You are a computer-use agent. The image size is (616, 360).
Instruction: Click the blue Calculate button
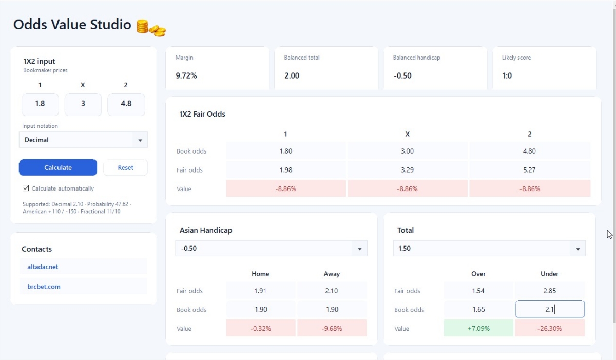[x=57, y=167]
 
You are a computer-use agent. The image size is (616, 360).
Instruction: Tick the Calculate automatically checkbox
[x=26, y=188]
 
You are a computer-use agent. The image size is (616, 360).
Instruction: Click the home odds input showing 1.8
[x=40, y=104]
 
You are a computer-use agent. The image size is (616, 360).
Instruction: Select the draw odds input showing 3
[x=83, y=104]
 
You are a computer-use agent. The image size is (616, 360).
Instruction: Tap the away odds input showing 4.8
[x=126, y=104]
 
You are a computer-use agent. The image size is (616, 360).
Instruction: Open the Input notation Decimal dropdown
[x=83, y=140]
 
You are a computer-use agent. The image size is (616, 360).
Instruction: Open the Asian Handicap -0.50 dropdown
[x=272, y=249]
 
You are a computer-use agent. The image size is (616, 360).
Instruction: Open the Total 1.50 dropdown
[x=489, y=249]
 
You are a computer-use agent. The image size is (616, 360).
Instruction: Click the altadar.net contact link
[x=43, y=267]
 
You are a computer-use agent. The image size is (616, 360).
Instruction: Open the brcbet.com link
[x=44, y=286]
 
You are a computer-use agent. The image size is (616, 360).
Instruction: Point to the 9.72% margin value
[x=186, y=75]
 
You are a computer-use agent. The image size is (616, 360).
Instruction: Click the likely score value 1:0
[x=507, y=75]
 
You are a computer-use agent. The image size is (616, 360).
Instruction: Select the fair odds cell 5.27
[x=529, y=169]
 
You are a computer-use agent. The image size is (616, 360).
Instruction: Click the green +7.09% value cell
[x=478, y=328]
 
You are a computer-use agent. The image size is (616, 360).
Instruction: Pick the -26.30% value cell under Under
[x=550, y=328]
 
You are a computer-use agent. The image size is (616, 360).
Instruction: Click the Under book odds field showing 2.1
[x=550, y=309]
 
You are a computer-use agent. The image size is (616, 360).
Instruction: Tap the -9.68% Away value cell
[x=332, y=328]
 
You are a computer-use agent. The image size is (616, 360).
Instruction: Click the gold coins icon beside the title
[x=151, y=28]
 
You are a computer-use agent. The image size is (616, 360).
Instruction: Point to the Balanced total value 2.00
[x=292, y=75]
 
